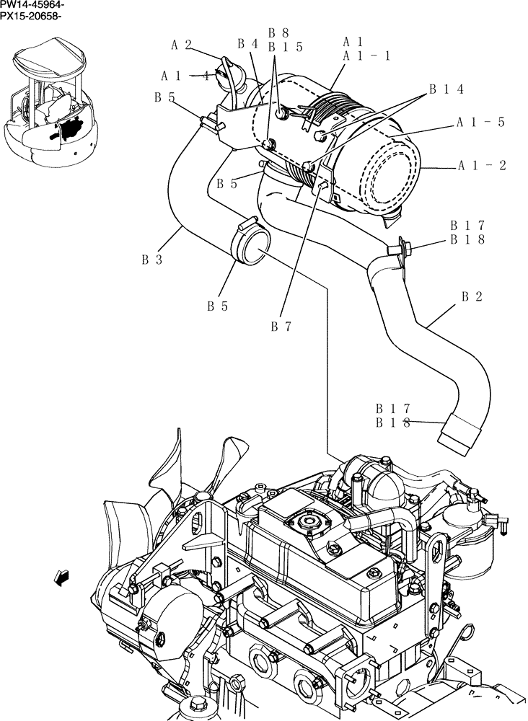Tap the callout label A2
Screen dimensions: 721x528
pos(181,45)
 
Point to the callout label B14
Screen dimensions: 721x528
pos(446,89)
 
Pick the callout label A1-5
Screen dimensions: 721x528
pos(480,122)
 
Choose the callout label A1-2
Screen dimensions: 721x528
pos(482,165)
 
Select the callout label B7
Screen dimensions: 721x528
pos(281,326)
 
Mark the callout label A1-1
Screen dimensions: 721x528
pos(366,56)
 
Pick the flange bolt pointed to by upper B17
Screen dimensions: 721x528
pos(395,249)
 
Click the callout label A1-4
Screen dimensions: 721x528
pos(185,75)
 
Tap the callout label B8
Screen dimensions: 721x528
pos(278,32)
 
